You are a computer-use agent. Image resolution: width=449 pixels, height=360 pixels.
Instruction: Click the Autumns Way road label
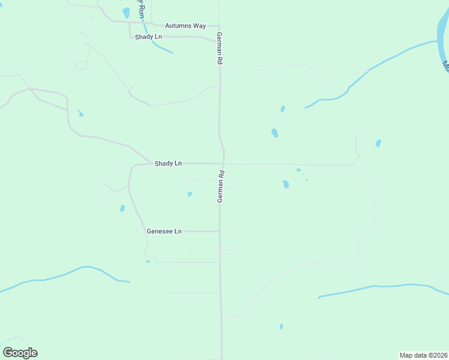click(185, 26)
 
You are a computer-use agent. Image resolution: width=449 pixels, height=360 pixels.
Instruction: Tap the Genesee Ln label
click(164, 231)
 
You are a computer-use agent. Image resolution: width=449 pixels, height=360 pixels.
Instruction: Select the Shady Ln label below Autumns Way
click(148, 37)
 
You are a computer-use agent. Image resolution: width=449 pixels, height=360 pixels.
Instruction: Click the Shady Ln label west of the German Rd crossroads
click(168, 163)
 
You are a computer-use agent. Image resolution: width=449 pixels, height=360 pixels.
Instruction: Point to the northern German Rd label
click(220, 48)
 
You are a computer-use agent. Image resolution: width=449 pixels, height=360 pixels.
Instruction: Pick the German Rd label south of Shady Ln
click(220, 186)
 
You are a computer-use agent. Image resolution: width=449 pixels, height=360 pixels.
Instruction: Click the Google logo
click(20, 353)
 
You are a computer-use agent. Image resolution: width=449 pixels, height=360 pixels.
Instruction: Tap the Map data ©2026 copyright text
click(423, 355)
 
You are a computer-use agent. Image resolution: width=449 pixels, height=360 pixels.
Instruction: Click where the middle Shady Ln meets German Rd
click(223, 163)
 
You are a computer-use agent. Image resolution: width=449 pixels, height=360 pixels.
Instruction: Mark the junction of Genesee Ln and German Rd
click(220, 231)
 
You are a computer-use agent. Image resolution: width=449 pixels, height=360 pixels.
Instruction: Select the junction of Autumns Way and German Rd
click(219, 26)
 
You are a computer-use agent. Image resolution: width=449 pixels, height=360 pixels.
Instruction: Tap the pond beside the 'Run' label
click(126, 12)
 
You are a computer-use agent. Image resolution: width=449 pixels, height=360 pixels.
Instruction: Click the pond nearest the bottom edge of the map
click(281, 327)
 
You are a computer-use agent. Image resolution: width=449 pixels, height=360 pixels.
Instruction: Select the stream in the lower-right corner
click(384, 287)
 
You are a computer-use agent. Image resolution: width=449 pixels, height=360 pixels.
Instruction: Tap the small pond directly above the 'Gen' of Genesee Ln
click(122, 209)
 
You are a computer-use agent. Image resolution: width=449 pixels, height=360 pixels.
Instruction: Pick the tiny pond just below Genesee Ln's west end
click(148, 261)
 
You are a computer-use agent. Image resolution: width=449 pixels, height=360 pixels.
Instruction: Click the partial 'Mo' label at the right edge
click(445, 64)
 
